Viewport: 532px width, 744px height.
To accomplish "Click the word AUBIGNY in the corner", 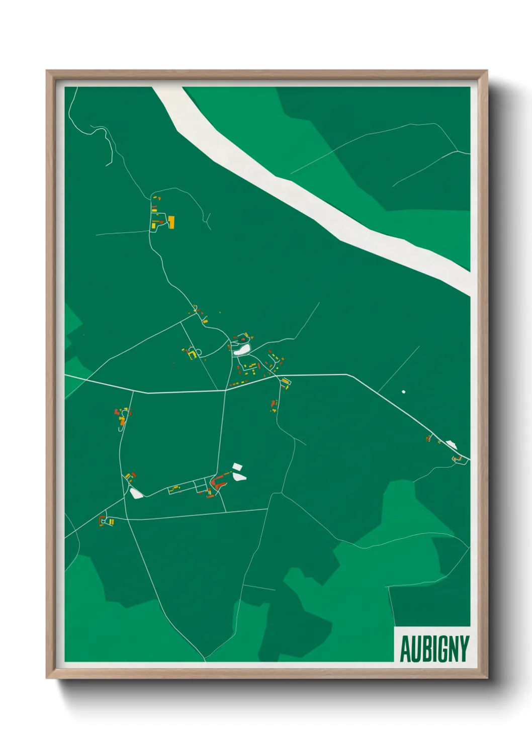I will [x=434, y=648].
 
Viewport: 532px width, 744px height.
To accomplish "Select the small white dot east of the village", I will [x=403, y=392].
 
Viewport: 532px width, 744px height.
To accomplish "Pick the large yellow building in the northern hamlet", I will [x=171, y=222].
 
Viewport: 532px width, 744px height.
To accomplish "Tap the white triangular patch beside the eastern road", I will [x=451, y=444].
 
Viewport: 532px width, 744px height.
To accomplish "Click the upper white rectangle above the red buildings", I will [x=237, y=467].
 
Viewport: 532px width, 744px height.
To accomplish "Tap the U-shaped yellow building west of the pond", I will [x=192, y=355].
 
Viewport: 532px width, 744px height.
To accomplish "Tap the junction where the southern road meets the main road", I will [x=225, y=390].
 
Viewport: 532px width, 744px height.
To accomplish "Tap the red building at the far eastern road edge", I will [x=459, y=458].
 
